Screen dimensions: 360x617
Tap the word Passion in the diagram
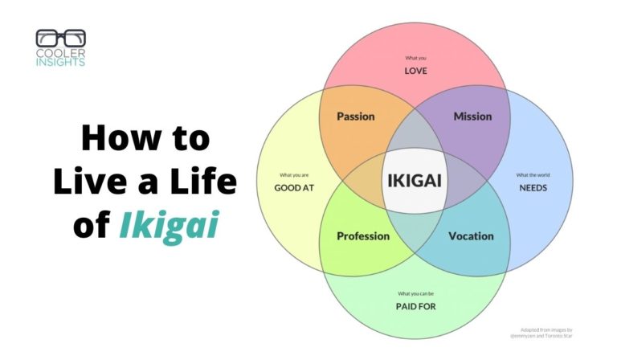coord(355,117)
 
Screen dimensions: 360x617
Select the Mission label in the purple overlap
coord(472,117)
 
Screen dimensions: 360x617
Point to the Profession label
coord(363,236)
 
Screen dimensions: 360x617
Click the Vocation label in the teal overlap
coord(471,236)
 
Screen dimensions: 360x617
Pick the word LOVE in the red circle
coord(415,71)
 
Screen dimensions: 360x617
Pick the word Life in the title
coord(206,182)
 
